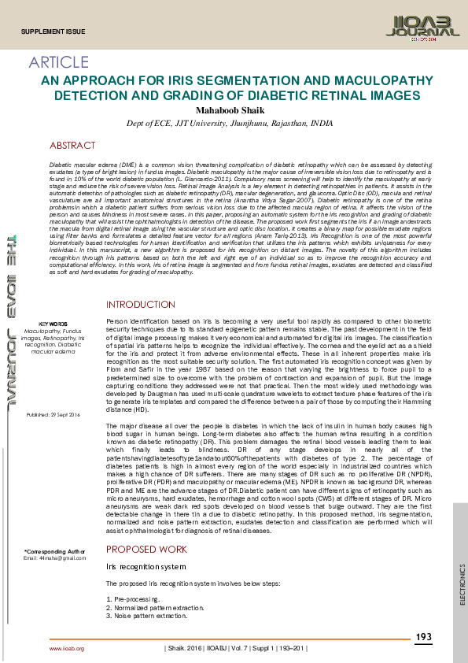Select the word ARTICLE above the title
pyautogui.click(x=59, y=62)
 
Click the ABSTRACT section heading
pyautogui.click(x=72, y=146)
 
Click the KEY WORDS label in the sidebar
pyautogui.click(x=53, y=324)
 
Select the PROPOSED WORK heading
pyautogui.click(x=147, y=550)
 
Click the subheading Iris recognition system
pyautogui.click(x=146, y=567)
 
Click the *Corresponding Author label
pyautogui.click(x=53, y=551)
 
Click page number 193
pyautogui.click(x=423, y=636)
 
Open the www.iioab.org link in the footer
pyautogui.click(x=67, y=648)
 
